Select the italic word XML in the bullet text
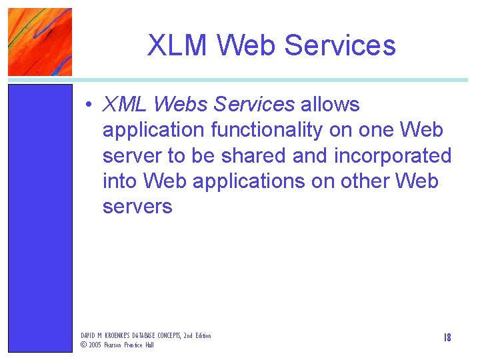click(x=124, y=105)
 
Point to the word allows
click(x=330, y=105)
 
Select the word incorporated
click(x=393, y=155)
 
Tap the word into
click(x=120, y=181)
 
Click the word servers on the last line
click(x=137, y=206)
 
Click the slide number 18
click(x=447, y=338)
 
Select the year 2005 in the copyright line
click(x=95, y=345)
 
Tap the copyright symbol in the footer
click(x=84, y=345)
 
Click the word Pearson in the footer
click(x=115, y=345)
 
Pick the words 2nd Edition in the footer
click(x=196, y=335)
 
